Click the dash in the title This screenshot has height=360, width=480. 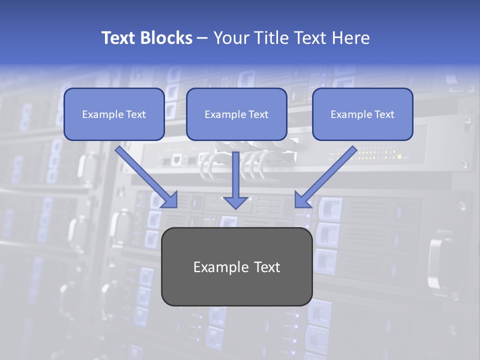click(x=202, y=38)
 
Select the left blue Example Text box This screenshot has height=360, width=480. click(x=114, y=114)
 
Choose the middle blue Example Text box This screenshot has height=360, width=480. click(x=236, y=114)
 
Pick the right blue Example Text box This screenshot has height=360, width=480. click(x=362, y=114)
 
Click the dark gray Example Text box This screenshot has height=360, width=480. click(x=236, y=266)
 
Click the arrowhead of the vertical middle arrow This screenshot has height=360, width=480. click(x=236, y=201)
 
